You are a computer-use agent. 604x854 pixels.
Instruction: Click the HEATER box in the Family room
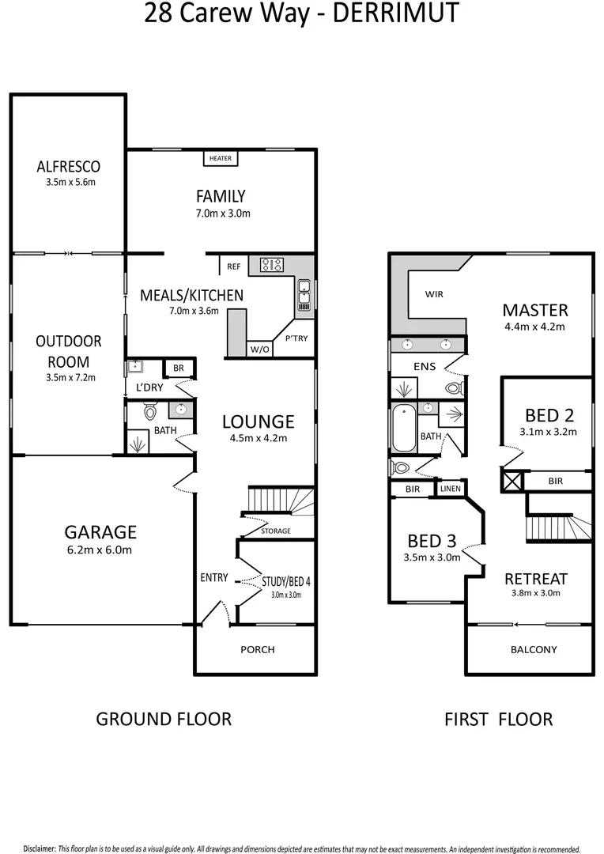[x=221, y=158]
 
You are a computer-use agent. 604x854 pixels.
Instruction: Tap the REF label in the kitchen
[x=233, y=266]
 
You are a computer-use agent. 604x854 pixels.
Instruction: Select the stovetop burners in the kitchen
[x=273, y=265]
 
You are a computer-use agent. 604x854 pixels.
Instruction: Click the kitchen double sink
[x=304, y=294]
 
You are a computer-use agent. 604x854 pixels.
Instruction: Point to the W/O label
[x=259, y=349]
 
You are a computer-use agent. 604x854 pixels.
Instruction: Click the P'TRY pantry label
[x=296, y=338]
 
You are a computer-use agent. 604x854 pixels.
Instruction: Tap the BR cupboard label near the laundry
[x=179, y=368]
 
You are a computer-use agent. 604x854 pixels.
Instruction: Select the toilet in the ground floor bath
[x=150, y=411]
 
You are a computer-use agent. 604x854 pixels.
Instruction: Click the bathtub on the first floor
[x=403, y=428]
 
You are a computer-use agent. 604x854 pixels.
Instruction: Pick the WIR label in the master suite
[x=434, y=294]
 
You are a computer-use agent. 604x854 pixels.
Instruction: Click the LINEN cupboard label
[x=449, y=489]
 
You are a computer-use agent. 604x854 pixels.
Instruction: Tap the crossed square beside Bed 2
[x=512, y=481]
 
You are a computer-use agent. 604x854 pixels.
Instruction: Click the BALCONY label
[x=533, y=650]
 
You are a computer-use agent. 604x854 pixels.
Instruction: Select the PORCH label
[x=258, y=650]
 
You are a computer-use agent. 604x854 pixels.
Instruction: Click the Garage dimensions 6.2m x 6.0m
[x=99, y=550]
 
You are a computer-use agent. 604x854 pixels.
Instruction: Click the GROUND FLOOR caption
[x=164, y=719]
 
